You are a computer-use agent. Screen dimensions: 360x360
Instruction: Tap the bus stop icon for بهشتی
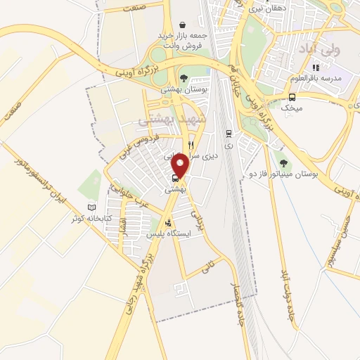175,177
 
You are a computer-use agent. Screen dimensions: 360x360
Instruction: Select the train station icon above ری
229,133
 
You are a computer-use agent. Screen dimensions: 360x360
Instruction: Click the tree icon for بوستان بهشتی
184,78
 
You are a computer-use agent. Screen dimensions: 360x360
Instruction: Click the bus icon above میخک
292,97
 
